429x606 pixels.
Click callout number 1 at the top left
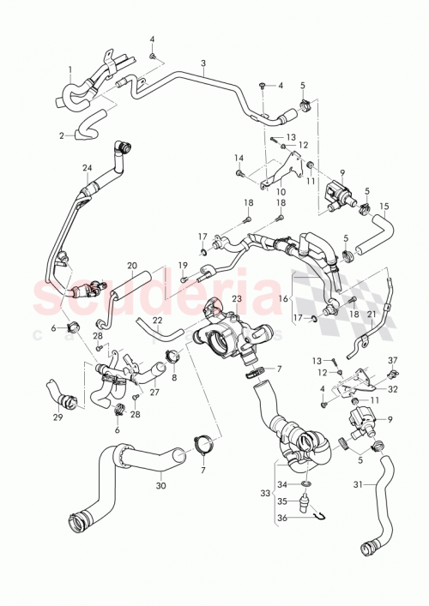click(x=70, y=69)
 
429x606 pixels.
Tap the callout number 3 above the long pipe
click(x=203, y=63)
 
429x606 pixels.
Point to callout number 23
click(x=237, y=297)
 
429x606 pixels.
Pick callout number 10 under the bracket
click(x=279, y=194)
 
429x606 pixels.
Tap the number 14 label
click(x=239, y=158)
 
